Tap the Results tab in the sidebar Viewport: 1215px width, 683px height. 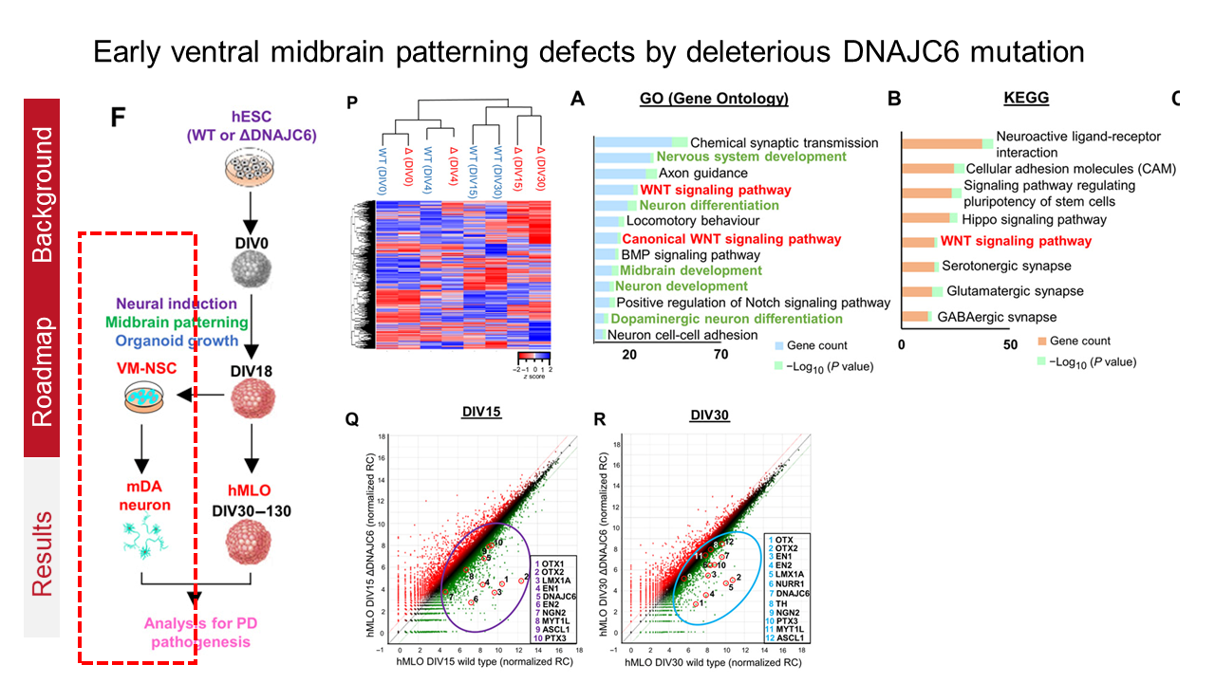pos(44,553)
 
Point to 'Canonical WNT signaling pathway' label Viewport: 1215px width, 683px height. pos(731,240)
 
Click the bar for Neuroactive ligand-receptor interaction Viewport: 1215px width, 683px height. pos(945,144)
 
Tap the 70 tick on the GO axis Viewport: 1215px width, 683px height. pos(721,355)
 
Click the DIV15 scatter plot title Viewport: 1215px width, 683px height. pos(477,415)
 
